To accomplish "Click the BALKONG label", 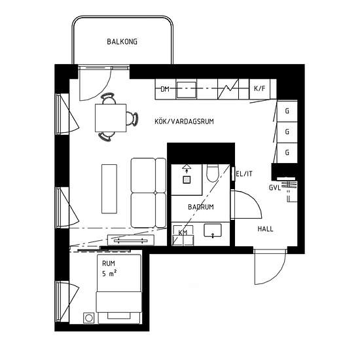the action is point(122,42).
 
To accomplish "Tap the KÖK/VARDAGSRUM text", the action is point(184,121).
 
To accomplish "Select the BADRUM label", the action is point(201,207).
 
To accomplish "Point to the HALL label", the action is point(265,229).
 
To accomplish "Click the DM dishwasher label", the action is point(165,89).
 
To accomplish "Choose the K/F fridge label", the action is point(259,88).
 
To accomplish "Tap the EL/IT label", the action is point(244,174).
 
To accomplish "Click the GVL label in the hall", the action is point(275,188).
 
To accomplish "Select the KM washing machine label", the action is point(183,233).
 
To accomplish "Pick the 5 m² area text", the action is point(109,274).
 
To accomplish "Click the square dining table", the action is point(111,118).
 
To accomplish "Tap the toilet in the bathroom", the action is point(212,173).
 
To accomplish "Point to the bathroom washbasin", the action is point(213,230).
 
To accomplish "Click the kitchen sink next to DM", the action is point(186,90).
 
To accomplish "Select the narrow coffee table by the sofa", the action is point(109,189).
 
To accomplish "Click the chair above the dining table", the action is point(108,98).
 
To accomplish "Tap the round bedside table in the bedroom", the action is point(88,318).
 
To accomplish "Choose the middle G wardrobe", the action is point(287,132).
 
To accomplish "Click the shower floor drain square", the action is point(187,179).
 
